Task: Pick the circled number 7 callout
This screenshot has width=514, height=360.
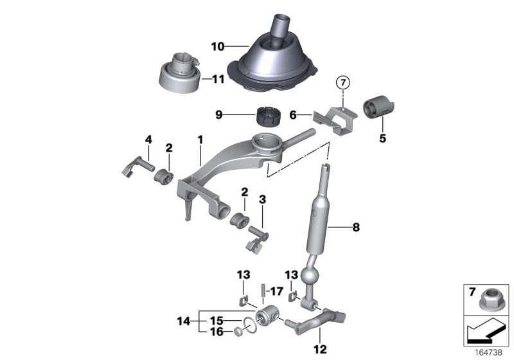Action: (x=342, y=82)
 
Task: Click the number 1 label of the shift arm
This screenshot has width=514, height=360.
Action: (x=200, y=138)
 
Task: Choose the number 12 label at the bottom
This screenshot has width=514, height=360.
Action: (x=319, y=350)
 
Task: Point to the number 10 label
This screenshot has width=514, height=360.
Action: (x=218, y=46)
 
